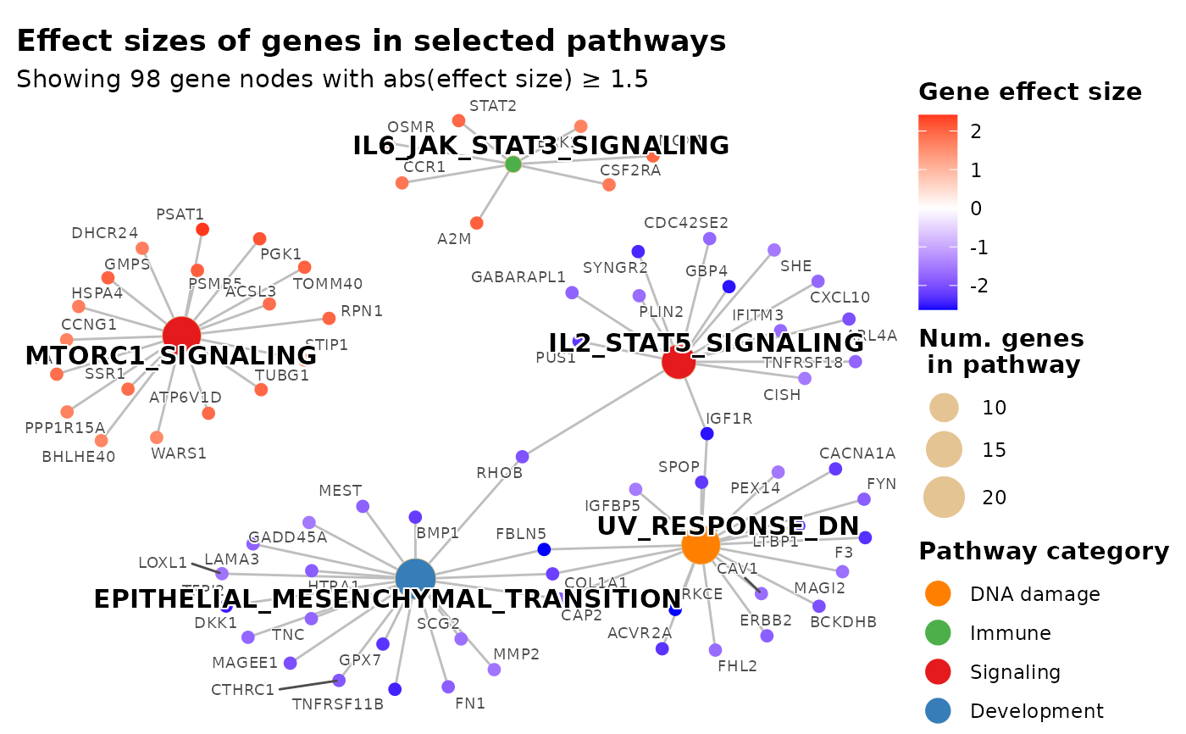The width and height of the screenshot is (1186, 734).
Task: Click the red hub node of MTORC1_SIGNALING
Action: (181, 334)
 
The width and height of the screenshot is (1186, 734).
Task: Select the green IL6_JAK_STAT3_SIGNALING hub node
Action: (513, 164)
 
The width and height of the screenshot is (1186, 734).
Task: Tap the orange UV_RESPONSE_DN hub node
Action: (701, 545)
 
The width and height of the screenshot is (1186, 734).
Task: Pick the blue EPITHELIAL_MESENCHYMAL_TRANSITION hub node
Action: (415, 578)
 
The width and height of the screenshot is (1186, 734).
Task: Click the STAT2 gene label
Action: (493, 107)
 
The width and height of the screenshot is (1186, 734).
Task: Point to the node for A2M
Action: (477, 223)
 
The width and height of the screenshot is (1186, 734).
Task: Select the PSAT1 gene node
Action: (202, 229)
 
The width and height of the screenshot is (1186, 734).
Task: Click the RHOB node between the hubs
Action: (523, 457)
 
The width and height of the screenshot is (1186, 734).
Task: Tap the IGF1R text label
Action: (729, 419)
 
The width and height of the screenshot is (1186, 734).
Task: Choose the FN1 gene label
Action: (470, 703)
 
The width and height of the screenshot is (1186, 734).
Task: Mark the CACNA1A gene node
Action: (835, 469)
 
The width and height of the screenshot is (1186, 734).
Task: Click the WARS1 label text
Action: (179, 453)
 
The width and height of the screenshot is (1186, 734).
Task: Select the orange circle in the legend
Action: (938, 593)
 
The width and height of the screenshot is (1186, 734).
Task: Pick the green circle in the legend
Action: (938, 632)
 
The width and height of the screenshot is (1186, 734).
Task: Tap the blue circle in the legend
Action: (938, 710)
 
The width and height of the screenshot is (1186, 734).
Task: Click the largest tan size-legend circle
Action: (944, 498)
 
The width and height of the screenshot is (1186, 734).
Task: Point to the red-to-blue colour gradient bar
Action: (938, 212)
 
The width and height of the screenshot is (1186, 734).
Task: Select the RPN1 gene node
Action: (329, 319)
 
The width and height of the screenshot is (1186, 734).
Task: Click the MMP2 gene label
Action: (516, 654)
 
